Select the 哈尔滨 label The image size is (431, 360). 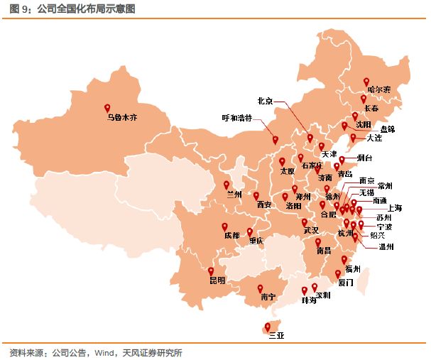(378, 90)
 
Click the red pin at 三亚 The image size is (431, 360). (267, 326)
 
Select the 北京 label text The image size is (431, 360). (265, 100)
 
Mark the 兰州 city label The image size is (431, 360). (234, 194)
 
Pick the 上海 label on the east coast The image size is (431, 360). (394, 207)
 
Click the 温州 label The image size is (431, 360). (387, 247)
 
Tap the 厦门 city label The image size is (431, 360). (346, 283)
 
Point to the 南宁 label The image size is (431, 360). (268, 297)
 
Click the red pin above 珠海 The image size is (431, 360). (304, 289)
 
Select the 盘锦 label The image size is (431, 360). (388, 129)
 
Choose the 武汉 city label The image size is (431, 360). (311, 231)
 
